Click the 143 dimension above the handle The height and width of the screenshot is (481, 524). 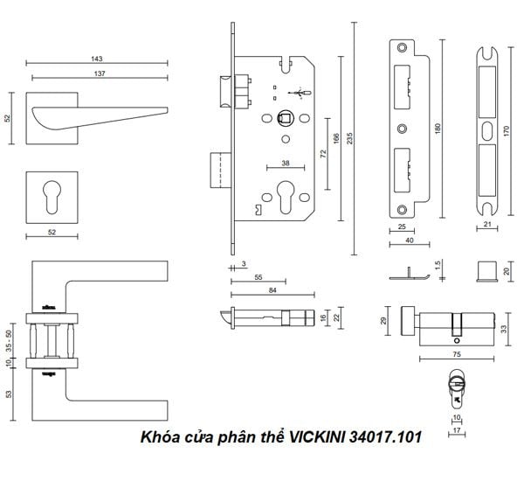click(x=97, y=59)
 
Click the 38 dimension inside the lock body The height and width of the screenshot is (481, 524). click(x=285, y=163)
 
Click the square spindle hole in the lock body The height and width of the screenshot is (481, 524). click(x=285, y=118)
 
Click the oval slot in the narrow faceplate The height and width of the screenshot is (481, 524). click(x=486, y=130)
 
